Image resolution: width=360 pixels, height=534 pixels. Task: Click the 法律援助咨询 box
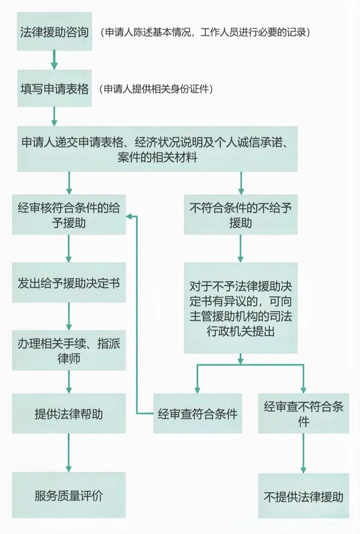[x=54, y=32]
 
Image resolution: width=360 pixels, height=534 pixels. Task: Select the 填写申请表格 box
[x=54, y=88]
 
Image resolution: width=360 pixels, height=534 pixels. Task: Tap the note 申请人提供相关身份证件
[x=156, y=89]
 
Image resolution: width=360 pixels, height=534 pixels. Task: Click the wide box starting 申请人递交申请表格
[x=157, y=149]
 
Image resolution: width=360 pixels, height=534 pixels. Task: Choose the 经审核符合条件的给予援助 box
[x=69, y=214]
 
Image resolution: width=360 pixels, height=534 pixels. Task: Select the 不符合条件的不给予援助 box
[x=240, y=214]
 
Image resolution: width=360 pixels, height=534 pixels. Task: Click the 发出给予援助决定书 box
[x=69, y=283]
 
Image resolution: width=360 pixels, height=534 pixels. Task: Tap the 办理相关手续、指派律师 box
[x=69, y=350]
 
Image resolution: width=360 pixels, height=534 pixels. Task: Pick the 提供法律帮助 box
[x=69, y=414]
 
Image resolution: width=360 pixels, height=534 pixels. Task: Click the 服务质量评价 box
[x=69, y=495]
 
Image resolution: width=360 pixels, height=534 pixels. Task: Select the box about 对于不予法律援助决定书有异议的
[x=240, y=308]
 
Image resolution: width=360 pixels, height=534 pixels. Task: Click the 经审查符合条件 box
[x=197, y=414]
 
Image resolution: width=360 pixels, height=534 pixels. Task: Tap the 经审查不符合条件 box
[x=303, y=414]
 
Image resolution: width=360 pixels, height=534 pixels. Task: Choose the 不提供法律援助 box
[x=303, y=496]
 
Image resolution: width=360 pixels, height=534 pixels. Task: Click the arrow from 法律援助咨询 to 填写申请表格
[x=54, y=60]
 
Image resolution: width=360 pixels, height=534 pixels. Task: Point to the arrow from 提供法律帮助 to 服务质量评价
[x=69, y=453]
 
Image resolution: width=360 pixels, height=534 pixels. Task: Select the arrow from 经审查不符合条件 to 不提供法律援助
[x=303, y=453]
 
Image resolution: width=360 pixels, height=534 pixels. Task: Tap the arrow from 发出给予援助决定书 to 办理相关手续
[x=69, y=316]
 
